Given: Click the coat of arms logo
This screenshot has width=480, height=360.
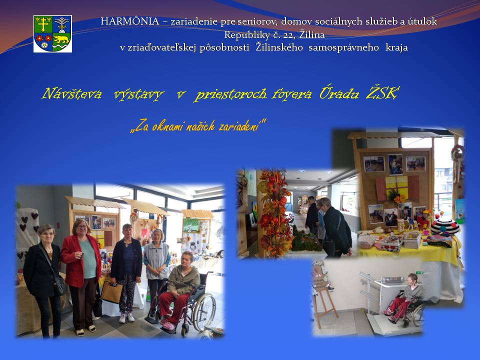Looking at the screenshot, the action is click(52, 33).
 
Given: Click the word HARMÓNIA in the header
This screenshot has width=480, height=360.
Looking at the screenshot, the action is click(130, 21).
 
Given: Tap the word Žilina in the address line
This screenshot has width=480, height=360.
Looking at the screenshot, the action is click(311, 34).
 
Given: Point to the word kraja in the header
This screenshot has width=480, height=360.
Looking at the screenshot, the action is click(396, 47).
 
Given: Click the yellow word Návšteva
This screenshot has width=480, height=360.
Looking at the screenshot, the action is click(71, 93).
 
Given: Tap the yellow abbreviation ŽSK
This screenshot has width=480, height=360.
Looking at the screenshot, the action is click(382, 93).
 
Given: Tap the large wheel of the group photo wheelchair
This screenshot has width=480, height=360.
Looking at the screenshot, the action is click(204, 312).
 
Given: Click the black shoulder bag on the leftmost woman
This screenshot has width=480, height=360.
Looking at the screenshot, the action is click(59, 285).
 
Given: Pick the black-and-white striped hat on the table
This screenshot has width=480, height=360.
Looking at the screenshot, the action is click(445, 227).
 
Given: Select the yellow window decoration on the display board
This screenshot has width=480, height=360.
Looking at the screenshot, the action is click(396, 186).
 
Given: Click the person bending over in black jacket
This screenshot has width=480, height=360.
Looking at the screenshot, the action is click(336, 227).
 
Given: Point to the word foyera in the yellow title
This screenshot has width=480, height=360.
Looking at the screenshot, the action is click(291, 93).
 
